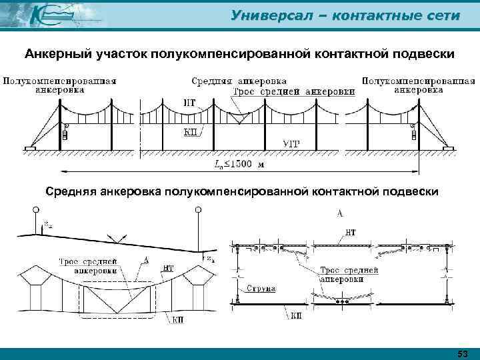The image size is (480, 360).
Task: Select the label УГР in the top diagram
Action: coord(291,143)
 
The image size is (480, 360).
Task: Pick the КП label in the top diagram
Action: coord(189,132)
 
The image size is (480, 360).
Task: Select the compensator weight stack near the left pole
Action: coord(65,134)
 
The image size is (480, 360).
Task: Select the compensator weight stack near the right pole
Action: coord(413,134)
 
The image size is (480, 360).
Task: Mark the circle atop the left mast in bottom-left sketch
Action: coord(33,211)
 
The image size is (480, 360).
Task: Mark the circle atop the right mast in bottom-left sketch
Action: coord(197,211)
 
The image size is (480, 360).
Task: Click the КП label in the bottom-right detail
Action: coord(295,313)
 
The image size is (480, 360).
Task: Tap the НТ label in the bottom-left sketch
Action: coord(169,267)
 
